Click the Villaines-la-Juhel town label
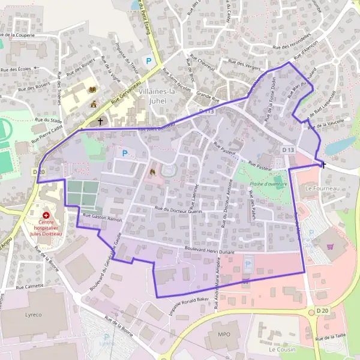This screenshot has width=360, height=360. click(157, 97)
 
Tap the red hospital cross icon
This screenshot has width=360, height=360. click(46, 214)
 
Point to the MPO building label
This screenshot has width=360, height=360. click(224, 334)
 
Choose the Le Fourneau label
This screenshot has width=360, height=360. click(319, 188)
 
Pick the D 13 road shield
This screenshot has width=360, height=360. click(289, 149)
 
